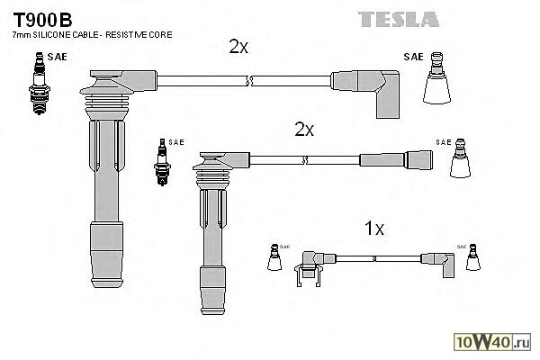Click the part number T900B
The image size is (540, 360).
41,16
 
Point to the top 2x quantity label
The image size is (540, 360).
238,47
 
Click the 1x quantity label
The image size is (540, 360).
373,229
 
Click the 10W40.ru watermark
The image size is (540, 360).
493,342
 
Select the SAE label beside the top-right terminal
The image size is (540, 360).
413,57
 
